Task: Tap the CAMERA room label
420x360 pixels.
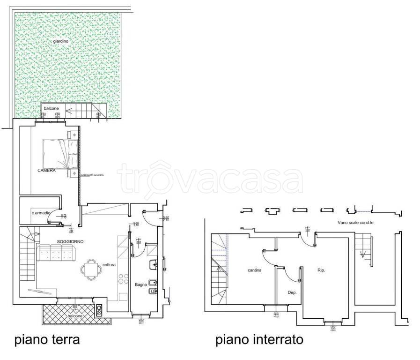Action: [47, 171]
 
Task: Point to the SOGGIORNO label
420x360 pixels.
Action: [70, 241]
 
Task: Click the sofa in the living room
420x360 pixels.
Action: [56, 254]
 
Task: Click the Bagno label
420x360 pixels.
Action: [141, 285]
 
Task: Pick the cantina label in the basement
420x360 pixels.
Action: [254, 270]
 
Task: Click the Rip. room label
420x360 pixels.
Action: [321, 270]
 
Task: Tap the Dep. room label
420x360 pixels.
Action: [292, 292]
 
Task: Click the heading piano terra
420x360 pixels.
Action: [47, 339]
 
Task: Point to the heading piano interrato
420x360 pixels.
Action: [259, 339]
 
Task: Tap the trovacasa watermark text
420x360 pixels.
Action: [210, 178]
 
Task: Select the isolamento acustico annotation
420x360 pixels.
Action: [92, 175]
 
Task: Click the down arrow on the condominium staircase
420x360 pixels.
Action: [362, 255]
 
